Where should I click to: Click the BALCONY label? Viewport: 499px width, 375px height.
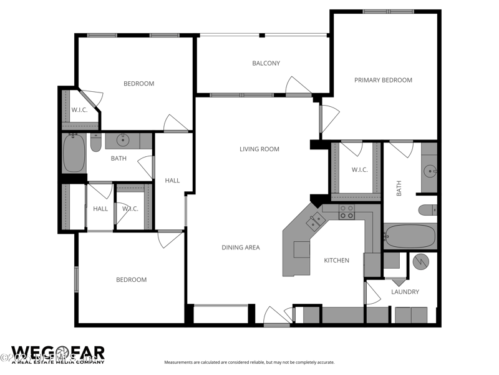(266, 63)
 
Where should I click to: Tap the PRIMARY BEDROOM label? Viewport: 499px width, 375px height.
(383, 80)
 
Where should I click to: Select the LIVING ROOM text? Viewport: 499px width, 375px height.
(259, 149)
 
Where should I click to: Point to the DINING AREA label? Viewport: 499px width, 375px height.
(241, 247)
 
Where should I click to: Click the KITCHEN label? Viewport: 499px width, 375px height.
(336, 260)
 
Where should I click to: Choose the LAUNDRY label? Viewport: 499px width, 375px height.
(405, 292)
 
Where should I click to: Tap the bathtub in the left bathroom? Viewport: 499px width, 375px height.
(74, 154)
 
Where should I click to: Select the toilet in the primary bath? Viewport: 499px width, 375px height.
(427, 209)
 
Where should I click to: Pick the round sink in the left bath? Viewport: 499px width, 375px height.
(124, 140)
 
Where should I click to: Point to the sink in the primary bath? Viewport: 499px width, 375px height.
(429, 170)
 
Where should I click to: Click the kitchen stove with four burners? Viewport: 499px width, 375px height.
(346, 212)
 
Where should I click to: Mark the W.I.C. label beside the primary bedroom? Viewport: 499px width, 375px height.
(359, 169)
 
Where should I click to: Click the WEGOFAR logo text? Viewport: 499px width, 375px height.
(57, 353)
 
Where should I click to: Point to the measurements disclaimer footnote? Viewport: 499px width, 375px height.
(249, 362)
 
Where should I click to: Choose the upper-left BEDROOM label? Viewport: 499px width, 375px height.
(138, 84)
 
